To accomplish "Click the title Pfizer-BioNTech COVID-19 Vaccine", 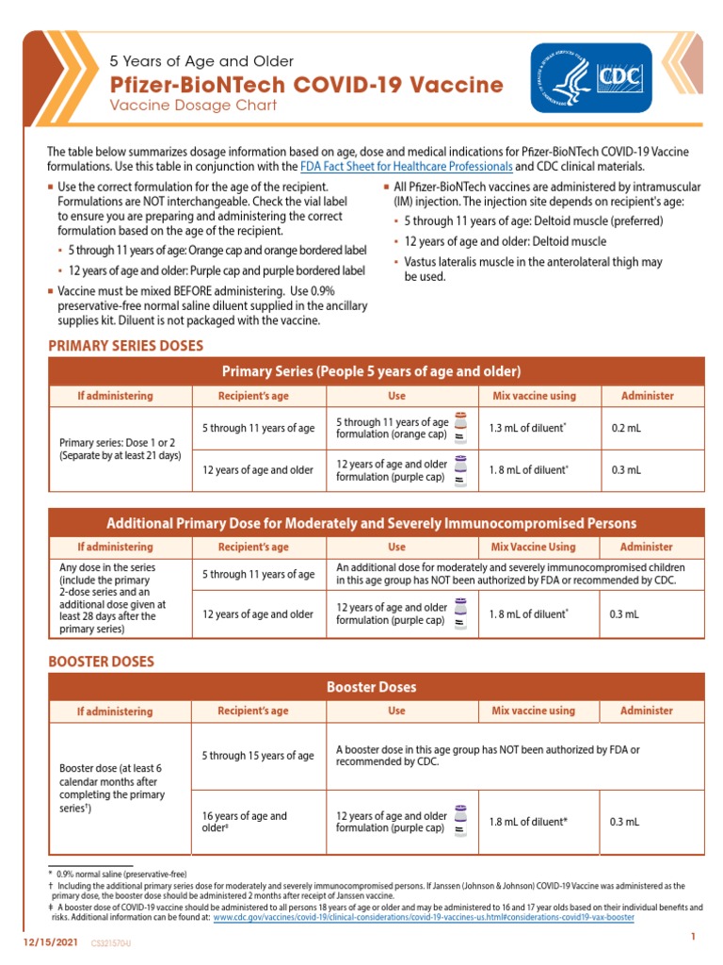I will pyautogui.click(x=307, y=85).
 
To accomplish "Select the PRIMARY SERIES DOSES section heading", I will pyautogui.click(x=125, y=346).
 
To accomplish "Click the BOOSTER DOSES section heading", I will pyautogui.click(x=101, y=662).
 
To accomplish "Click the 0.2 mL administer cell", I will pyautogui.click(x=626, y=428).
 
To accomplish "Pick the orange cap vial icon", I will pyautogui.click(x=460, y=427).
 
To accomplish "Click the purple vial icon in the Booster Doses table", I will pyautogui.click(x=460, y=821).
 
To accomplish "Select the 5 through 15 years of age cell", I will pyautogui.click(x=258, y=756).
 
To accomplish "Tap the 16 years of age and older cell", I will pyautogui.click(x=258, y=822).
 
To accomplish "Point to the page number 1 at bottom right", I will pyautogui.click(x=692, y=936).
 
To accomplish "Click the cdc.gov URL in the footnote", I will pyautogui.click(x=424, y=916).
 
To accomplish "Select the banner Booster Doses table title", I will pyautogui.click(x=370, y=687).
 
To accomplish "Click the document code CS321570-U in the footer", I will pyautogui.click(x=111, y=942).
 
